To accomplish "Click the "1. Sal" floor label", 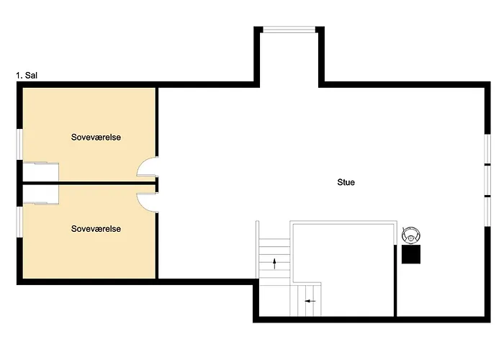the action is click(x=27, y=76).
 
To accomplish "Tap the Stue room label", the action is click(x=346, y=182).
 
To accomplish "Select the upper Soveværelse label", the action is click(x=96, y=138).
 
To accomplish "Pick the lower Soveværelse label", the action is click(x=96, y=229).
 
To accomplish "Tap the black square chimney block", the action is click(x=411, y=254).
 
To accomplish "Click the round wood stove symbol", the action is click(x=411, y=235).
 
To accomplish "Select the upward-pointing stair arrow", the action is click(x=274, y=264).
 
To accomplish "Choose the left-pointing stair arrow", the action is click(x=310, y=301).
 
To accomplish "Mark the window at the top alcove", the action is click(x=289, y=30).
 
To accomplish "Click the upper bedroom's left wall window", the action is click(x=19, y=144).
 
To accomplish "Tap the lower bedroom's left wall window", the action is click(x=19, y=222).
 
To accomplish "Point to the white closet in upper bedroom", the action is click(x=40, y=172).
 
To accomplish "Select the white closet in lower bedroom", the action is click(x=40, y=194).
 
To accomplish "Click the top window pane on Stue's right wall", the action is click(x=487, y=149).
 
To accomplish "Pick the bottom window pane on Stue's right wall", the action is click(x=487, y=212).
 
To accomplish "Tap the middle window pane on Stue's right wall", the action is click(x=487, y=180).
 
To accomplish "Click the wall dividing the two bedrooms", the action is click(x=89, y=183).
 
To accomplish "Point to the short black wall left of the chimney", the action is click(x=395, y=281).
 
